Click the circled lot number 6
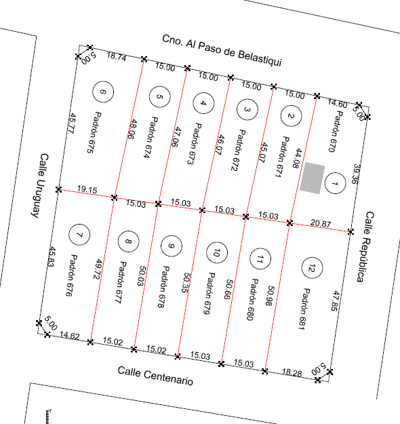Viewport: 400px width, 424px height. (x=103, y=92)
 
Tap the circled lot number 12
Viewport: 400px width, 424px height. (x=312, y=268)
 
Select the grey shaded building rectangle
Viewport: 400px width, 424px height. (x=312, y=178)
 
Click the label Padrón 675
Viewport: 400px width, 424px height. (x=94, y=132)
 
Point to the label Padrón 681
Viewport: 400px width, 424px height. (x=304, y=309)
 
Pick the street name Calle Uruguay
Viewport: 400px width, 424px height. (x=40, y=186)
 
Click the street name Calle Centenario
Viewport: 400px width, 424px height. (x=155, y=376)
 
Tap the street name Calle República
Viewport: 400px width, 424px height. (x=365, y=247)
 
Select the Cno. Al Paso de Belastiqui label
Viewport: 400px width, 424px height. (x=222, y=50)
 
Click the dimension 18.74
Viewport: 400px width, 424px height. (x=117, y=56)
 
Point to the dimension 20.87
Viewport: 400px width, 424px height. (x=321, y=223)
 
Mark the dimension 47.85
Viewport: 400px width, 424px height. (x=336, y=301)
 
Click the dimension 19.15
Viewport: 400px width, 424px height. (x=87, y=189)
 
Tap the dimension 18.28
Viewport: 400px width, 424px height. (x=292, y=372)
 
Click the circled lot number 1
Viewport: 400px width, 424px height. (x=335, y=184)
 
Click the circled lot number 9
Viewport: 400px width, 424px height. (x=172, y=246)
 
